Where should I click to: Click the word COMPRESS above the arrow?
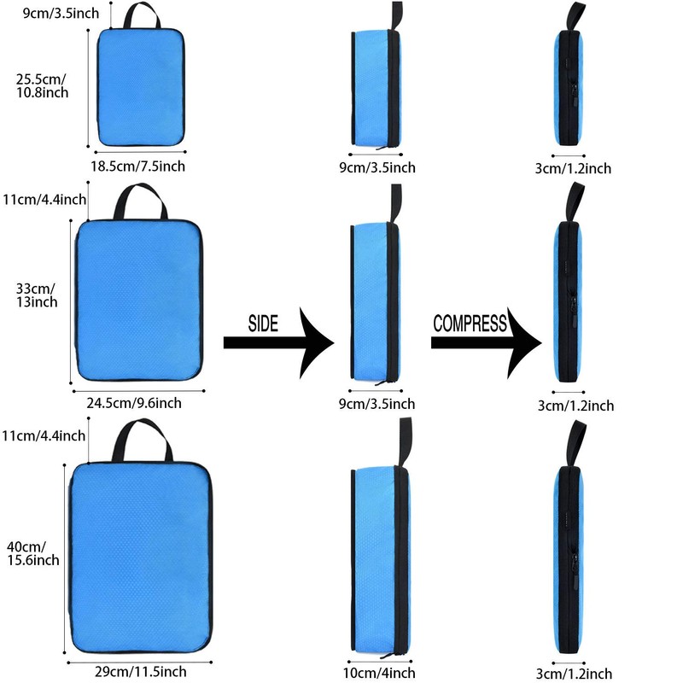click(470, 324)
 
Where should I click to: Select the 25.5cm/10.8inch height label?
click(43, 85)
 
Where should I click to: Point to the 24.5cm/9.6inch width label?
click(133, 402)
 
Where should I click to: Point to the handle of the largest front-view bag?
click(141, 437)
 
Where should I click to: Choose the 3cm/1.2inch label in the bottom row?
click(575, 674)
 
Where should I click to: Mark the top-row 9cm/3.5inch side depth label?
click(377, 167)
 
